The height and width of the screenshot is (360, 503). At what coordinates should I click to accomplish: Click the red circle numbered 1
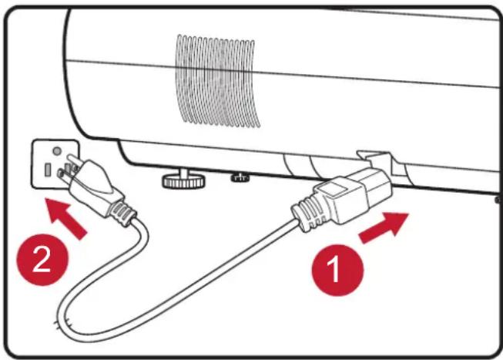point(338,270)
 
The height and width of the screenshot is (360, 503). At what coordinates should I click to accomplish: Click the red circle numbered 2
point(42,260)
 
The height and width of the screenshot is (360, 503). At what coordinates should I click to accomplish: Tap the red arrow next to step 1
point(384,227)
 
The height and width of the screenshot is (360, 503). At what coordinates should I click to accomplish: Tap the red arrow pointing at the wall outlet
point(65,217)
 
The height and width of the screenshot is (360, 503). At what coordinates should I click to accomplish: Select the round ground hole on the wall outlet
point(57,150)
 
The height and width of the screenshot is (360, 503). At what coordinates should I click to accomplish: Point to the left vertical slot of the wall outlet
point(48,170)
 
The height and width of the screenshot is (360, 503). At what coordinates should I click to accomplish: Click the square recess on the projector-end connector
point(334,190)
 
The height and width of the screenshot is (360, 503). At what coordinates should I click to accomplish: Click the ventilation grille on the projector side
point(217,81)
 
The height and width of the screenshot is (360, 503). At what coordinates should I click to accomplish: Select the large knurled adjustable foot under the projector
point(183,179)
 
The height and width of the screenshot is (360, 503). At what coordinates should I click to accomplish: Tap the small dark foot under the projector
point(240,177)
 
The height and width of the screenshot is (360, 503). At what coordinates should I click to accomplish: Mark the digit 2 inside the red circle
point(42,260)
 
